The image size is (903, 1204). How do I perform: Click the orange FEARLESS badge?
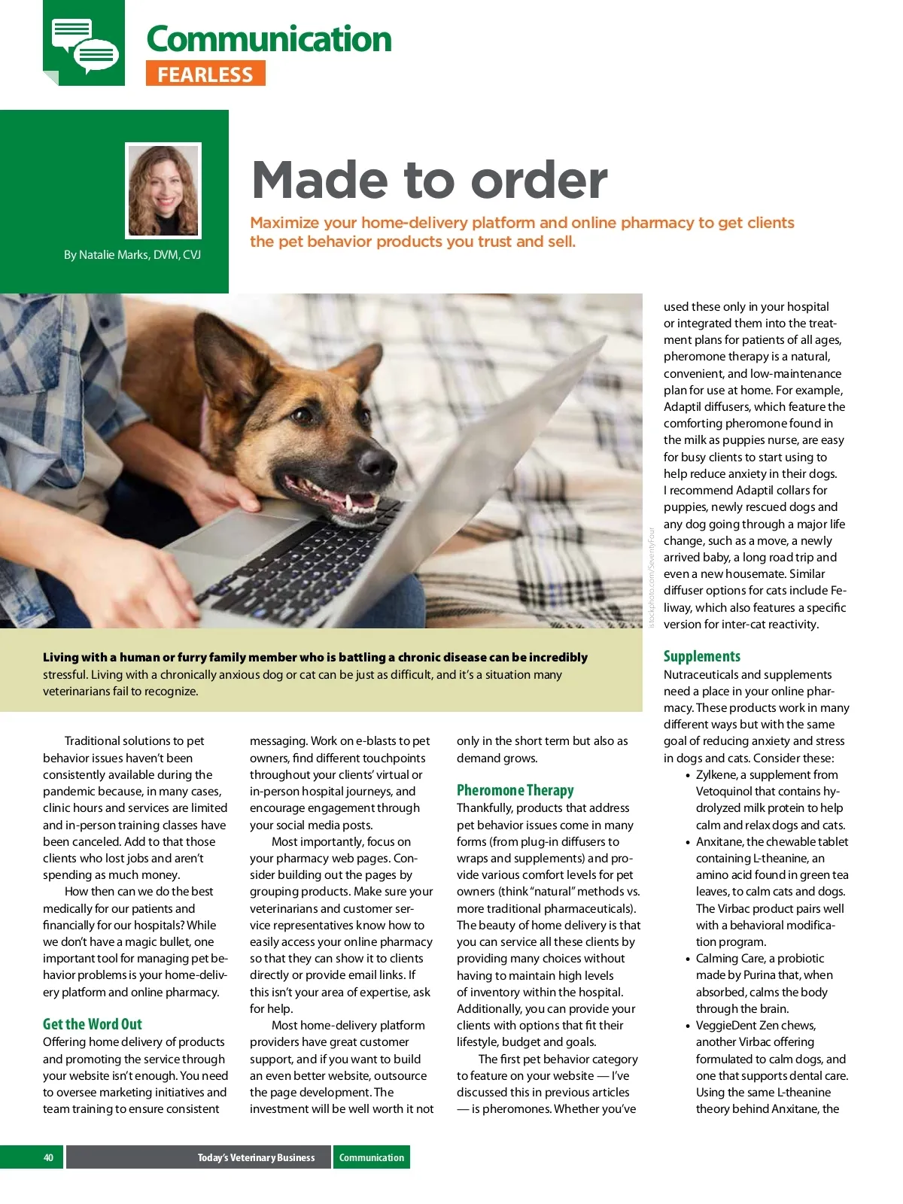coord(205,74)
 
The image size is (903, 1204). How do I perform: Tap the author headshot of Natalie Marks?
coord(163,190)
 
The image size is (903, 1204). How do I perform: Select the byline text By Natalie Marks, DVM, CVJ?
coord(132,255)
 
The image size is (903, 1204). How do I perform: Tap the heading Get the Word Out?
coord(93,1024)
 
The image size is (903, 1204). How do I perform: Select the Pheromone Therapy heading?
coord(515,790)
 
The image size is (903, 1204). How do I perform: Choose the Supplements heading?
coord(701,656)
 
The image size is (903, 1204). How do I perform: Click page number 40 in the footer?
coord(48,1157)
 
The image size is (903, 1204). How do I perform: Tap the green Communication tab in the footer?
coord(372,1157)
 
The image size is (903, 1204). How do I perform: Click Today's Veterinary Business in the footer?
coord(256,1157)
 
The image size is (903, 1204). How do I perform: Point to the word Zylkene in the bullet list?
coord(716,775)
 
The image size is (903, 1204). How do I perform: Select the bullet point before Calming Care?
coord(688,959)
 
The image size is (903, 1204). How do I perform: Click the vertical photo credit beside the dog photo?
coord(652,576)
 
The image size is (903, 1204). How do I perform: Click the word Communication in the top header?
coord(269,39)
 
